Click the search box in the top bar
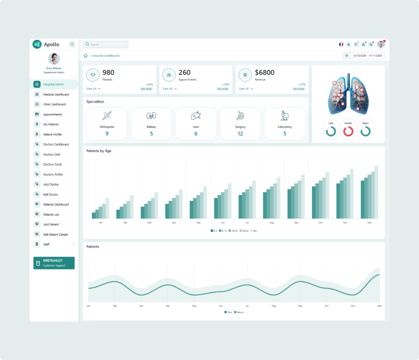pos(106,44)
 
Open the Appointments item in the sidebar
pos(53,115)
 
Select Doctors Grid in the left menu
pos(52,155)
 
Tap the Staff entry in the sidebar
pos(46,245)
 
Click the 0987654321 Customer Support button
pos(54,263)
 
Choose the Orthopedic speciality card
pos(107,123)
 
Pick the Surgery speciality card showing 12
pos(240,123)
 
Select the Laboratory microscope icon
pos(285,115)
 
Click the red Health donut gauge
pos(348,131)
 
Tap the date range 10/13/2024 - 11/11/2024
pos(367,55)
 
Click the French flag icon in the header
pos(341,44)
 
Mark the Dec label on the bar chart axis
pos(369,223)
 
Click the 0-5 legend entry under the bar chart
pos(213,230)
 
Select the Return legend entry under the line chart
pos(238,312)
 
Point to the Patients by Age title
pos(99,151)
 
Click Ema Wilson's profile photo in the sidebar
pos(54,58)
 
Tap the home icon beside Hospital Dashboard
pos(85,55)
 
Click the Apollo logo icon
pos(37,44)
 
